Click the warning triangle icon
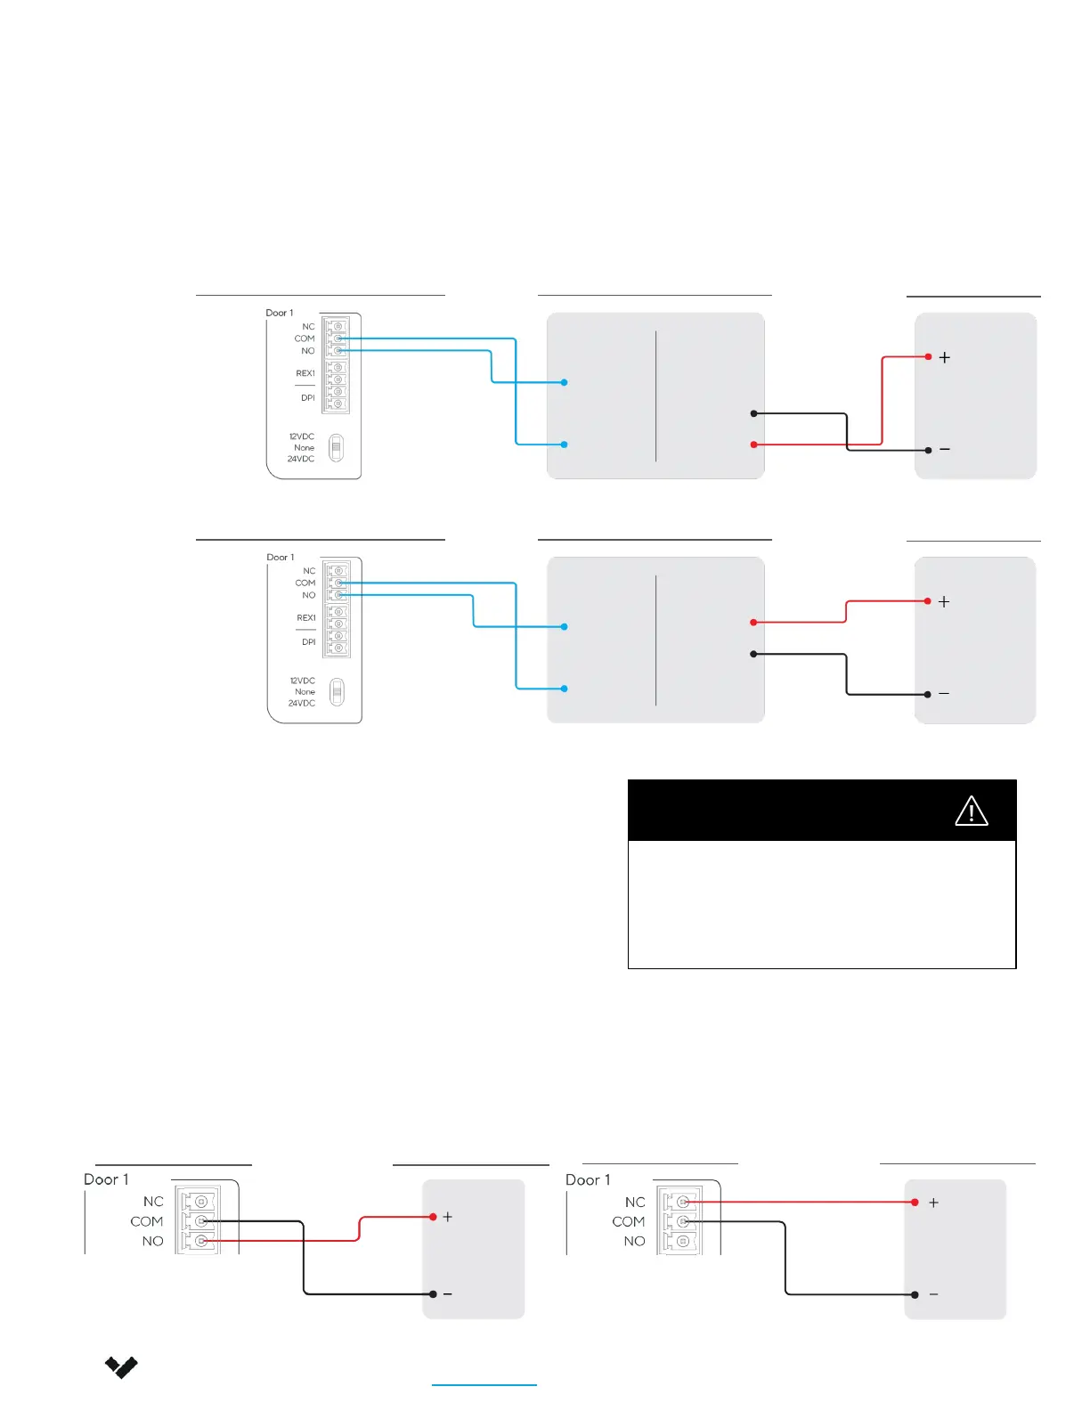pos(971,812)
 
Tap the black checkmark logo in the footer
pos(121,1366)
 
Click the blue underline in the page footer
pos(484,1385)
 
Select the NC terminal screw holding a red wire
pos(683,1202)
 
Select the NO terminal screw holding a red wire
pos(201,1241)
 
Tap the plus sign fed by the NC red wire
pos(933,1203)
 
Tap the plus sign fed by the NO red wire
pos(447,1217)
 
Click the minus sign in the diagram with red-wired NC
pos(933,1294)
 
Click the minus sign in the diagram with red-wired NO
pos(447,1294)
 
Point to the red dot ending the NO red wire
pos(433,1217)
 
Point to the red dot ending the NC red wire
pos(915,1203)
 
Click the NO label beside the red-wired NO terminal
pos(152,1241)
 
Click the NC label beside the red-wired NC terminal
pos(634,1202)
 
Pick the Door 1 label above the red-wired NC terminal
pos(588,1179)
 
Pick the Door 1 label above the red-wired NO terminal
pos(106,1179)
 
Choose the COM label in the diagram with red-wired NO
pos(146,1221)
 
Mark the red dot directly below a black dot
pos(753,445)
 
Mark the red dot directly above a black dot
pos(753,622)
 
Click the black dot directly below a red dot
pos(753,654)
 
